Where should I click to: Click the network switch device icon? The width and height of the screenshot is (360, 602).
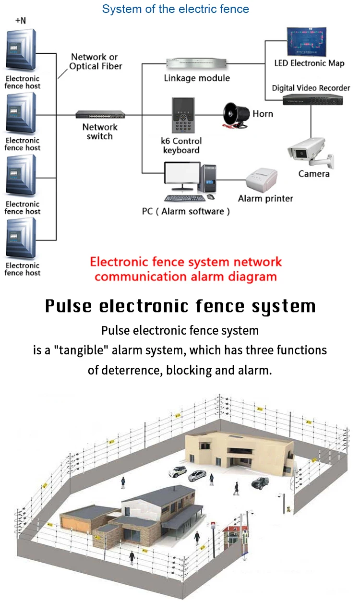[x=100, y=115]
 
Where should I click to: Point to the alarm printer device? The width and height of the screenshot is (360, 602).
[x=262, y=182]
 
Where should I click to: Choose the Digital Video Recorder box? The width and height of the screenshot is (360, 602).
[x=312, y=99]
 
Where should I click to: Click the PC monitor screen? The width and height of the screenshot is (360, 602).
[x=182, y=176]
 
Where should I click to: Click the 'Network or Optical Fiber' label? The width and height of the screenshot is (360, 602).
[x=96, y=61]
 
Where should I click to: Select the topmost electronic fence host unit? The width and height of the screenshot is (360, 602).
[x=22, y=51]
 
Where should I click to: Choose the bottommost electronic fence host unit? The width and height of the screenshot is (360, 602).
[x=21, y=239]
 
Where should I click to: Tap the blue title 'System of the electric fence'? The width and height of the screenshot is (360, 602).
[x=176, y=9]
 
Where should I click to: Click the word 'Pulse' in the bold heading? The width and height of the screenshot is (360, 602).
[x=70, y=306]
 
